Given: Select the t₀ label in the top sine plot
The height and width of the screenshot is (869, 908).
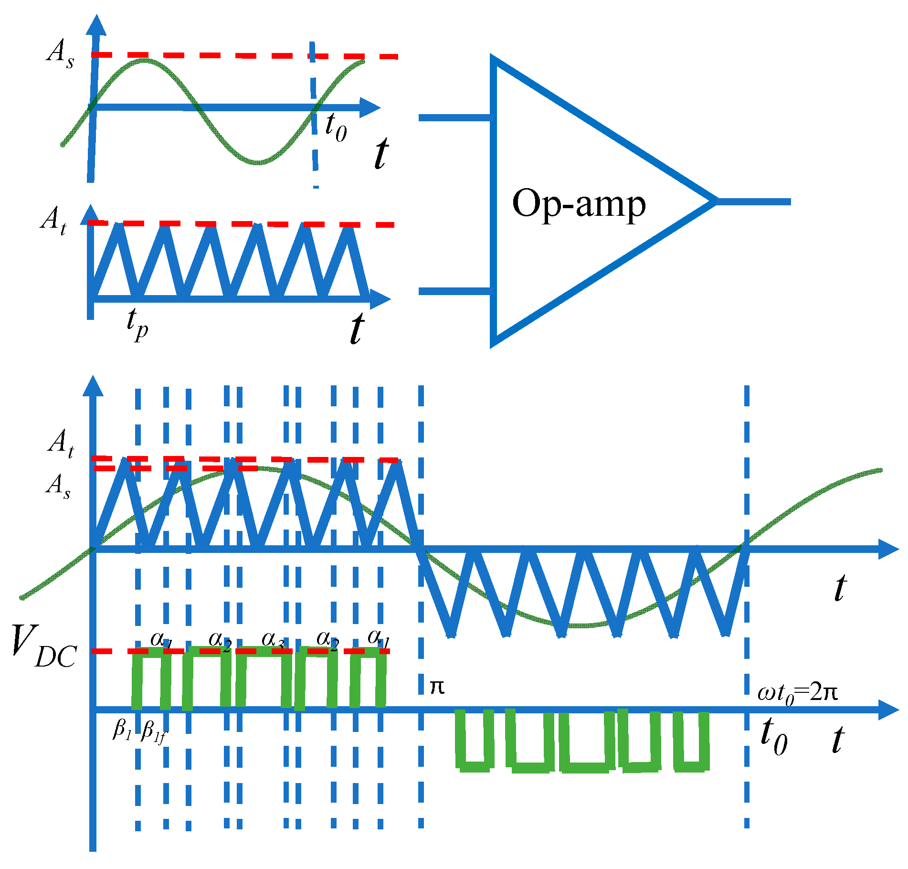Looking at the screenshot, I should [336, 127].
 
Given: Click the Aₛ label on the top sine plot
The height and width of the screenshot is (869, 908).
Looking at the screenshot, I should [60, 53].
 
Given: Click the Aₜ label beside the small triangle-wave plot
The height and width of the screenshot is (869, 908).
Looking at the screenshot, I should [53, 221].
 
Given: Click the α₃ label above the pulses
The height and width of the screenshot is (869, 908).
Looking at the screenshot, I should [273, 639].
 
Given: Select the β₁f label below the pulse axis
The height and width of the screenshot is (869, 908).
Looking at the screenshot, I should [154, 731].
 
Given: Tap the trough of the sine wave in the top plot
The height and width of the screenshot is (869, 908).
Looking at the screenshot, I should [258, 162].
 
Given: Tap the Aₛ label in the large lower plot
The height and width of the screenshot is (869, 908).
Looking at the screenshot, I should [59, 486].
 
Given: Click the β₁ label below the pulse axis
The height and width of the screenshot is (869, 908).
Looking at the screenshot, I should [122, 729].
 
